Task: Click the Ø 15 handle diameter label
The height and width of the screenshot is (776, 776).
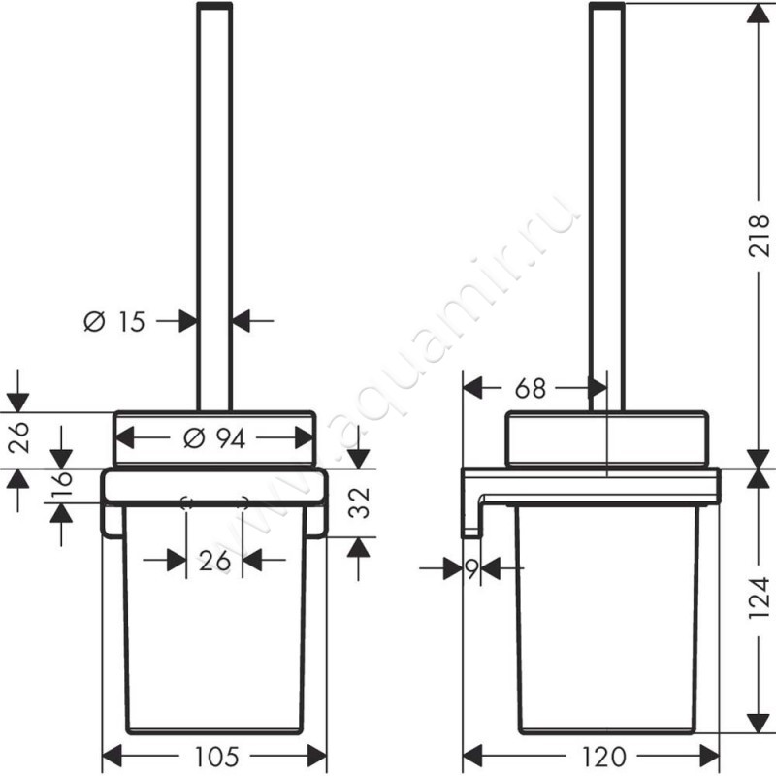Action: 113,321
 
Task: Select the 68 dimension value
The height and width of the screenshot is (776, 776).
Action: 529,388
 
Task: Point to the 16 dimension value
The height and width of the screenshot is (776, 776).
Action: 61,482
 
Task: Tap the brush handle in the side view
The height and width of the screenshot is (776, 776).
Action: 607,194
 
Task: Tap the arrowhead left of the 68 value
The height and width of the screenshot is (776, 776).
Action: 471,388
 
